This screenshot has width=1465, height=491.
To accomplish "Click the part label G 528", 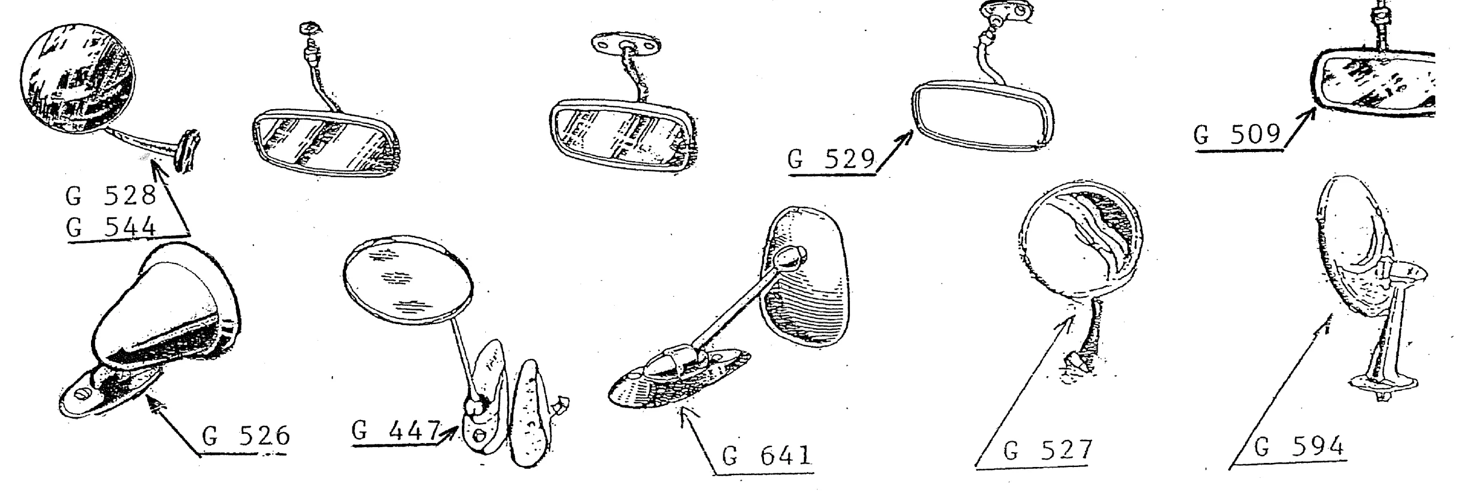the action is click(110, 196).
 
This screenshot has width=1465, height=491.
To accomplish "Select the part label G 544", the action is click(110, 229).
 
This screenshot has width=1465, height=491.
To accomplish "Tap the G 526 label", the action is click(246, 437).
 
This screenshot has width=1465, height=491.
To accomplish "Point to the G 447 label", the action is click(396, 431).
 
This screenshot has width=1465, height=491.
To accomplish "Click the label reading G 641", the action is click(767, 456).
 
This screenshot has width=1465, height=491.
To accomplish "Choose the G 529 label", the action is click(832, 159).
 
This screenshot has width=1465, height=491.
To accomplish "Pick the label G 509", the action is click(1237, 134).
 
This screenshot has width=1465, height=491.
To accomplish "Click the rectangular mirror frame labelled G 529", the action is click(982, 117).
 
